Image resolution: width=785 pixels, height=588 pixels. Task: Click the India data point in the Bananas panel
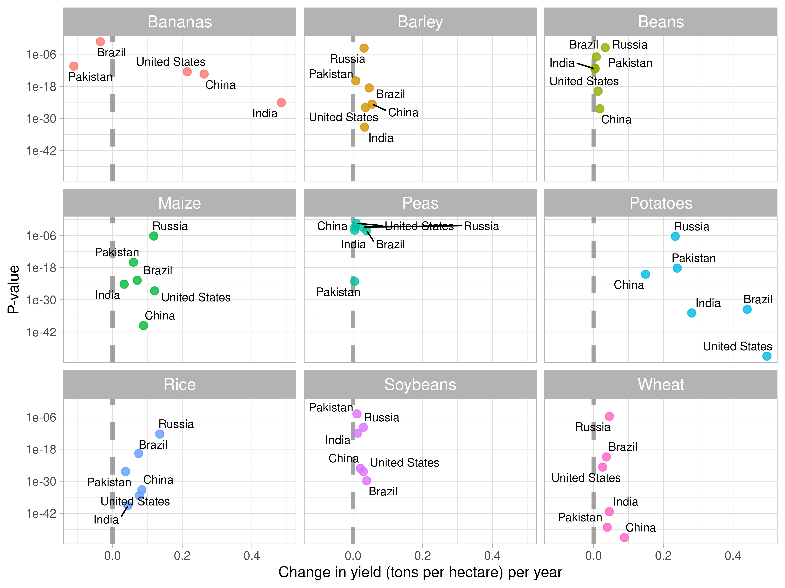click(281, 102)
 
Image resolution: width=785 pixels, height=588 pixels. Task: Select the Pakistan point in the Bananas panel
click(73, 66)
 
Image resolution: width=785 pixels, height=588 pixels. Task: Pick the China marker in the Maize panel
click(143, 325)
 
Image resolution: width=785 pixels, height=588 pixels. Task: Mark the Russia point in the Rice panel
click(160, 434)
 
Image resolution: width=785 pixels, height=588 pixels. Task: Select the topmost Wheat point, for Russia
click(609, 416)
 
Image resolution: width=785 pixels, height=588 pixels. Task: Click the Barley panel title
click(420, 22)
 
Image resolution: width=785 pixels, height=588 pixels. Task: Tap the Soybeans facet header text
click(420, 384)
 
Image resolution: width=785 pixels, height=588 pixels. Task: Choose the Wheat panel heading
click(661, 384)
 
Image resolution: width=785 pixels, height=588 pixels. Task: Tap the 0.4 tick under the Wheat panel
click(733, 556)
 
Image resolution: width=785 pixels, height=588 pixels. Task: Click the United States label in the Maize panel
click(196, 297)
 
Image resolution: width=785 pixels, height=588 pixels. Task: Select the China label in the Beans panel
click(616, 119)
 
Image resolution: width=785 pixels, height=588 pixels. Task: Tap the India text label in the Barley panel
click(381, 138)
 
